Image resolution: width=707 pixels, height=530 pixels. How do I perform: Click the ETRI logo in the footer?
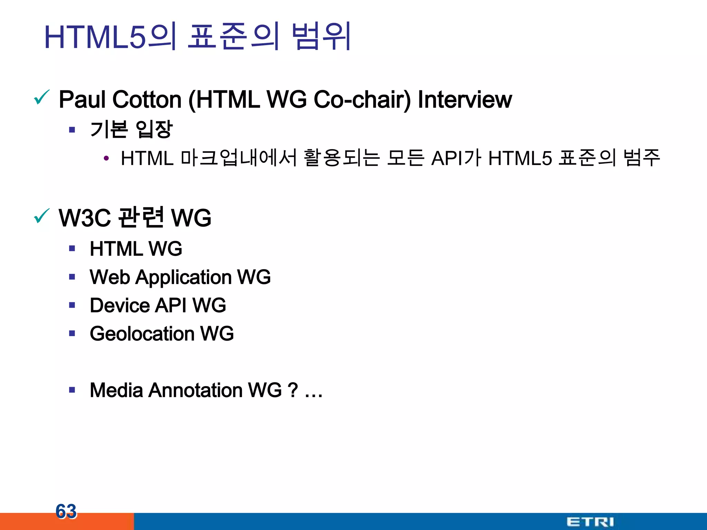tap(590, 521)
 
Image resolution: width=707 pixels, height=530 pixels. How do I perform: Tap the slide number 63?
tap(66, 511)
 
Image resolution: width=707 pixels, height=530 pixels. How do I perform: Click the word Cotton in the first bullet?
tap(147, 100)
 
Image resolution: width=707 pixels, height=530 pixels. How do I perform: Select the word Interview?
tap(465, 100)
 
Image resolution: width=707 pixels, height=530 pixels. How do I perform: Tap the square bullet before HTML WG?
tap(72, 248)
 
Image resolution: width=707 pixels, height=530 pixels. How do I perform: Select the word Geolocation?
tap(142, 334)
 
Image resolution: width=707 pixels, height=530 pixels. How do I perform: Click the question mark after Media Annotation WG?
tap(292, 390)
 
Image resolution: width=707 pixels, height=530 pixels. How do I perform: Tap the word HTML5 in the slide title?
tap(95, 37)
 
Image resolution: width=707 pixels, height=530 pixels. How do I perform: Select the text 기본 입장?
tap(131, 130)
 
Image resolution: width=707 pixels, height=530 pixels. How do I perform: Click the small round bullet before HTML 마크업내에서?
tap(106, 159)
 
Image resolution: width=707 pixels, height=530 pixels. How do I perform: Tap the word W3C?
tap(85, 218)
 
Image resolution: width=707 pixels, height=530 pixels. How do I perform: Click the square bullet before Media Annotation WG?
tap(72, 390)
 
